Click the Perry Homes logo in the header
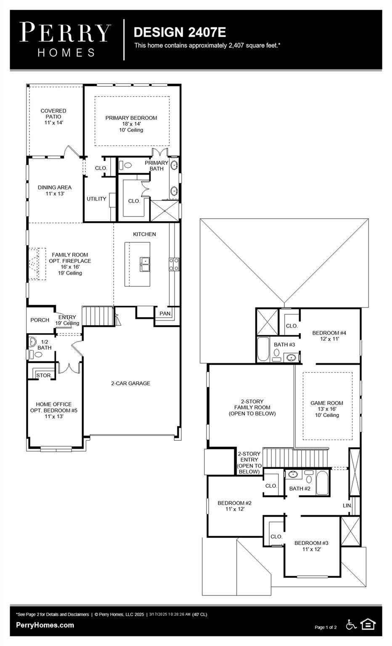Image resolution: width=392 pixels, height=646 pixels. pyautogui.click(x=65, y=40)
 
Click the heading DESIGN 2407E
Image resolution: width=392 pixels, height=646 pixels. pyautogui.click(x=180, y=32)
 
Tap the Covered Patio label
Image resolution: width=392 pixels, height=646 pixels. pyautogui.click(x=53, y=116)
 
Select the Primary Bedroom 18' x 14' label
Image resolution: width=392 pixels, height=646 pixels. pyautogui.click(x=131, y=124)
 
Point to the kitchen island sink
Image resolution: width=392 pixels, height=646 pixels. pyautogui.click(x=145, y=264)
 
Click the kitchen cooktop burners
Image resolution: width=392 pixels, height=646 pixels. pyautogui.click(x=174, y=264)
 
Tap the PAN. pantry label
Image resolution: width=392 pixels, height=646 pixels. pyautogui.click(x=165, y=313)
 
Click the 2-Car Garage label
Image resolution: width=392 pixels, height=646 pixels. pyautogui.click(x=131, y=383)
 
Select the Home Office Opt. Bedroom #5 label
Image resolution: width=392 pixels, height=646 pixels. pyautogui.click(x=54, y=410)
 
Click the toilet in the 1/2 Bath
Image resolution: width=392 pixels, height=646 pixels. pyautogui.click(x=35, y=354)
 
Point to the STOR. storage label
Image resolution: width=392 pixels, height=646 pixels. pyautogui.click(x=44, y=375)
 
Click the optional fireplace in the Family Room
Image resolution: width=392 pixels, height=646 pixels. pyautogui.click(x=37, y=264)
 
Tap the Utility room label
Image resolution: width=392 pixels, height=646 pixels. pyautogui.click(x=96, y=199)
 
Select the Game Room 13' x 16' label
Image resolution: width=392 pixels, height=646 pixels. pyautogui.click(x=327, y=409)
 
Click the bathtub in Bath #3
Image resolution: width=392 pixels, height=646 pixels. pyautogui.click(x=263, y=349)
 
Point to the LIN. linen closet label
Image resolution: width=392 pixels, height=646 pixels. pyautogui.click(x=347, y=506)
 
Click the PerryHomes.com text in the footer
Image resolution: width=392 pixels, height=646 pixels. pyautogui.click(x=45, y=625)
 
